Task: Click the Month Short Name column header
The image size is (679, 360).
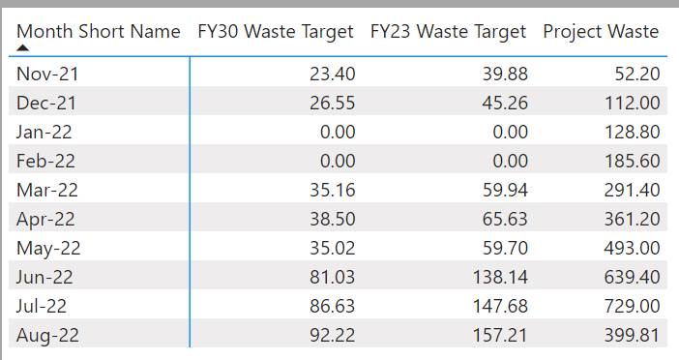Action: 99,32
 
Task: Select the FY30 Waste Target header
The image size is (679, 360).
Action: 276,32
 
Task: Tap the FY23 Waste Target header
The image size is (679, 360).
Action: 448,32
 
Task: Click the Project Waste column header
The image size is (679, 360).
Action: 601,32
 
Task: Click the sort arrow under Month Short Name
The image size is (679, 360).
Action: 23,47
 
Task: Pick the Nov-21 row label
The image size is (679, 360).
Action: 47,74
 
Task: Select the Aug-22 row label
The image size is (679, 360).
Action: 47,335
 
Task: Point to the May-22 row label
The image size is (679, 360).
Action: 48,249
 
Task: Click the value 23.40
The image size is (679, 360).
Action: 333,74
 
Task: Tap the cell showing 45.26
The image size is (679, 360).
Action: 505,103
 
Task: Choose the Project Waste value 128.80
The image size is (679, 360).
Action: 633,132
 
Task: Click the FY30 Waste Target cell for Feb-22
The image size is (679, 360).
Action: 338,161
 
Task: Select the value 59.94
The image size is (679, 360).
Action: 505,190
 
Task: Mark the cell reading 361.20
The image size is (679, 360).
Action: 633,219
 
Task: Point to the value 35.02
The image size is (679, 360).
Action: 333,248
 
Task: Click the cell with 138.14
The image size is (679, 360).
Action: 501,277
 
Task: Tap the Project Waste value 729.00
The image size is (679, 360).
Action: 633,306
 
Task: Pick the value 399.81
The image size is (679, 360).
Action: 633,335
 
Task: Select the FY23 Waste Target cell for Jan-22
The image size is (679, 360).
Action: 511,132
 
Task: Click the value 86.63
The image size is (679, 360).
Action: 333,306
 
